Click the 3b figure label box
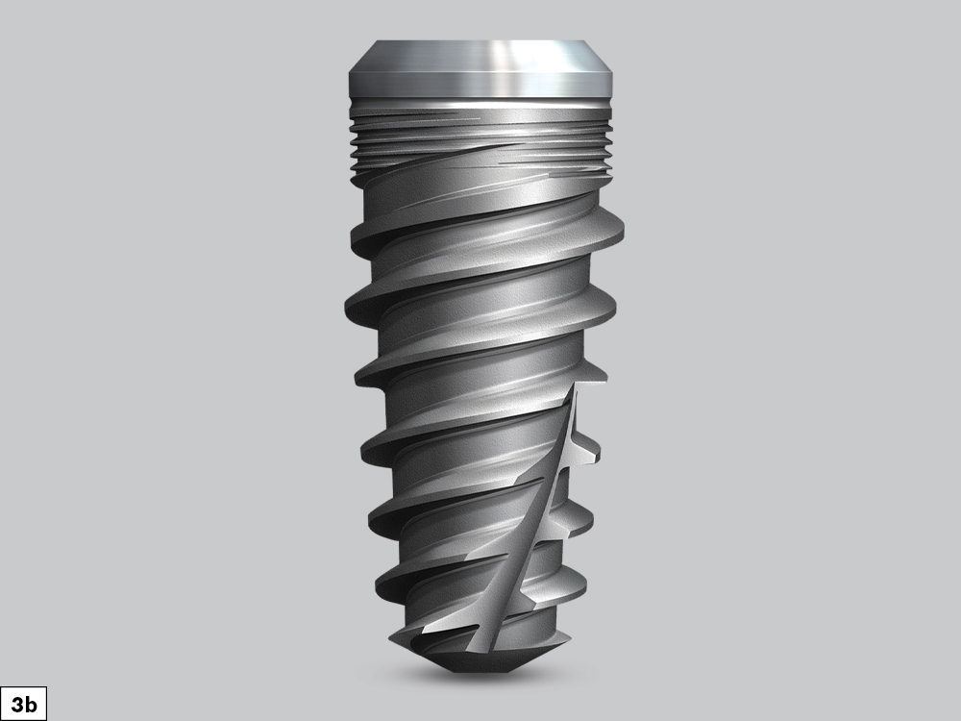(22, 704)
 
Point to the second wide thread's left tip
(347, 306)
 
